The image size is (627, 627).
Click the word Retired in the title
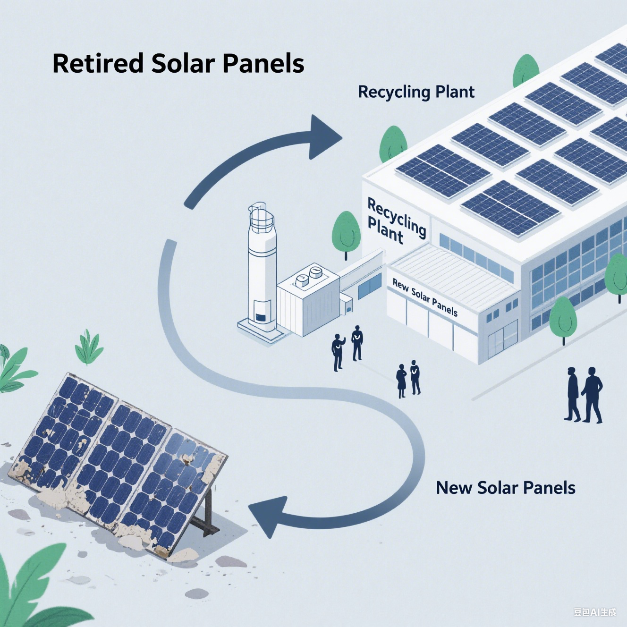click(x=98, y=63)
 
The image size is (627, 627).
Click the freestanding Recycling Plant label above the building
click(x=416, y=92)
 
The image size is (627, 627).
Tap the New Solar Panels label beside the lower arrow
click(x=505, y=488)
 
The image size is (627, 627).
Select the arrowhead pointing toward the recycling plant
click(x=322, y=137)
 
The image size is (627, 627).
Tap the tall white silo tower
click(x=261, y=264)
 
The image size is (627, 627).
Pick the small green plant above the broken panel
click(x=89, y=347)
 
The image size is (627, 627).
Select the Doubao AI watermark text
click(x=594, y=612)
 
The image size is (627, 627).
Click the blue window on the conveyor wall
click(x=369, y=286)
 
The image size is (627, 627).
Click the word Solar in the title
click(x=183, y=63)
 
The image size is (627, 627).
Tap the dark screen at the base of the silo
click(x=259, y=316)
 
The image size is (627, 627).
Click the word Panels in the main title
click(x=263, y=63)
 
